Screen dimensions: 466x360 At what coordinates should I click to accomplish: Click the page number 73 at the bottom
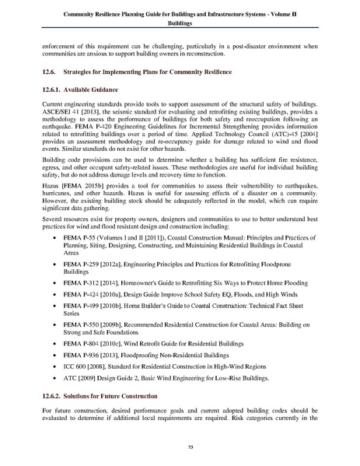180,445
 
